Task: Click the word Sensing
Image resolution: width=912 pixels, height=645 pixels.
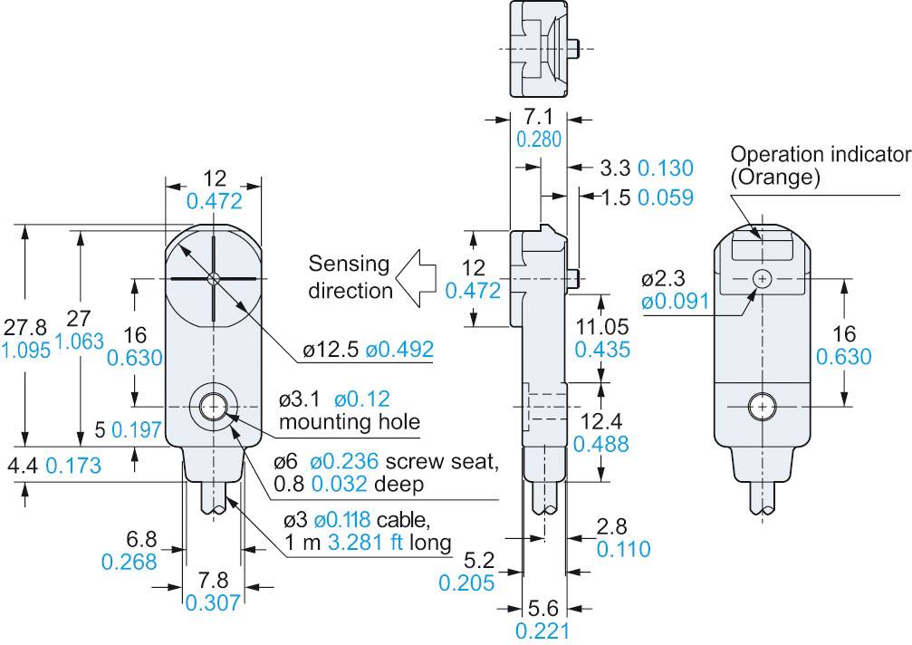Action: tap(349, 265)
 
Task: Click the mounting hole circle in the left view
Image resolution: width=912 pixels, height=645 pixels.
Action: tap(214, 409)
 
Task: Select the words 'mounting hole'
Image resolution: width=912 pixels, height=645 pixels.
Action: tap(337, 421)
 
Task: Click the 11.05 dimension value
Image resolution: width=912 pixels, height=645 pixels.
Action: tap(599, 327)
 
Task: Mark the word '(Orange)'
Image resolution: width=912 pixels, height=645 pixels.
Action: tap(775, 178)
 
